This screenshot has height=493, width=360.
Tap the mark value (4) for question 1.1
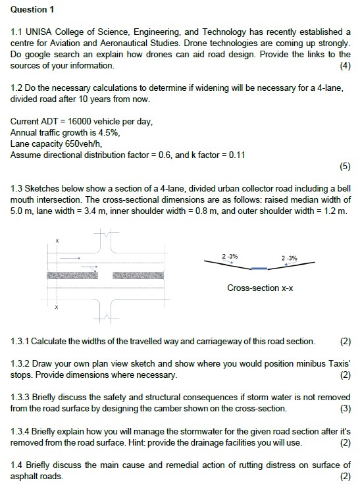point(345,66)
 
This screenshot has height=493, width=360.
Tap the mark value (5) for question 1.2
point(345,167)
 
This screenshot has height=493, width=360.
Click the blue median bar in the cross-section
point(259,269)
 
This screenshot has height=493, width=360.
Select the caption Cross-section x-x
point(259,288)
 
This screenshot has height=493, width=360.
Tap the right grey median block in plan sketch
point(140,275)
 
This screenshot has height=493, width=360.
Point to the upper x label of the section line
point(57,242)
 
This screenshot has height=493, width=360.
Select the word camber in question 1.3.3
point(193,408)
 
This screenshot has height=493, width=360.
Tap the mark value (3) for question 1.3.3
point(345,408)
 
